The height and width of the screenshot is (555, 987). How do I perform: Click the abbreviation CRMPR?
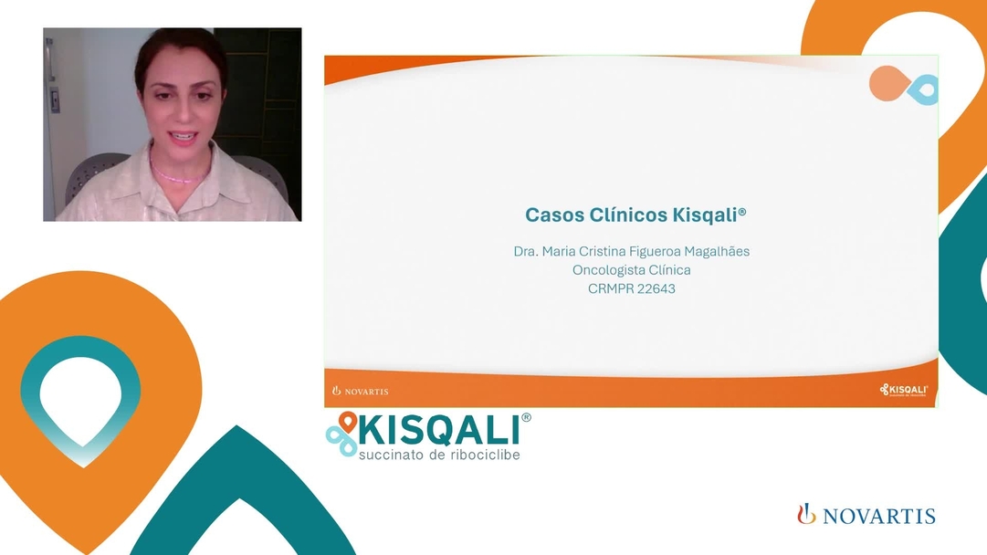[608, 289]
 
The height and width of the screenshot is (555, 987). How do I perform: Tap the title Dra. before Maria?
[526, 251]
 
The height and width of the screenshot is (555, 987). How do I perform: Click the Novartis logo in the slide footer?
[360, 391]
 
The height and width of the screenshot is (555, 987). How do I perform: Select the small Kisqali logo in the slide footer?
[903, 390]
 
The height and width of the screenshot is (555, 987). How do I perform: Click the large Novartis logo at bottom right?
[866, 515]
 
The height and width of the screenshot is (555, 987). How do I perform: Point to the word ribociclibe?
[485, 454]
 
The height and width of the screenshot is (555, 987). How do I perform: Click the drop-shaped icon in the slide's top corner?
[902, 85]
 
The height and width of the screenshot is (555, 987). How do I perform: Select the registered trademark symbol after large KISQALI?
[526, 418]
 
